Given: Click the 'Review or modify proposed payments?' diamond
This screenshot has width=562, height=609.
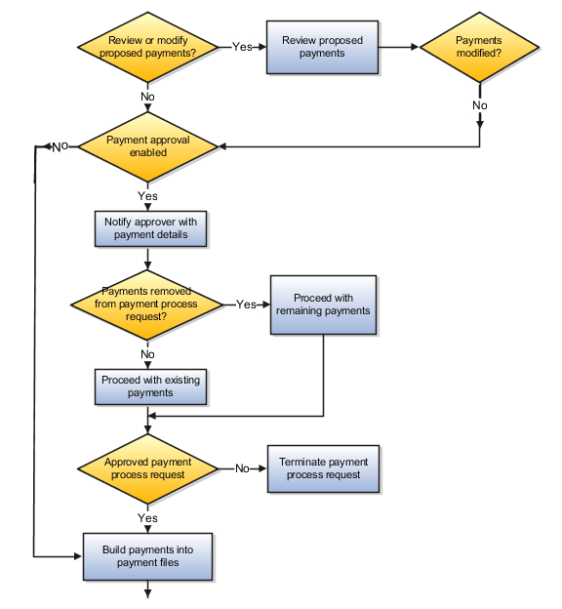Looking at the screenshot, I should [x=147, y=46].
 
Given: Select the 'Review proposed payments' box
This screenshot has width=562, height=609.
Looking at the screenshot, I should [x=322, y=47].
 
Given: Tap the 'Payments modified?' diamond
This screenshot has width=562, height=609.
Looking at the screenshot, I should [x=479, y=47].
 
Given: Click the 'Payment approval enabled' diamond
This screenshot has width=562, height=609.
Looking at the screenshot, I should [x=147, y=146].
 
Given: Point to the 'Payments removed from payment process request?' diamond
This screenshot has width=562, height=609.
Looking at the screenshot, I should [x=147, y=304].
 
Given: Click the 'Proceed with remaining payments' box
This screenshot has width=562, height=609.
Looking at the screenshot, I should [x=323, y=304].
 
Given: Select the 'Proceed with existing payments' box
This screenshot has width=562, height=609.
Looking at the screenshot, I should [x=150, y=386].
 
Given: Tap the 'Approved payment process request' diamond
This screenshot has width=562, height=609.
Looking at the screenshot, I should [x=147, y=468].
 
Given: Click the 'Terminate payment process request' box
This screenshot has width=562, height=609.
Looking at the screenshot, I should [x=323, y=468].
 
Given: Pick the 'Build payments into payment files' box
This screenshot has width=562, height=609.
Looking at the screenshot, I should [x=147, y=556].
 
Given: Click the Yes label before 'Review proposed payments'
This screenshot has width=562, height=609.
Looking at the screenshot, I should [x=242, y=47].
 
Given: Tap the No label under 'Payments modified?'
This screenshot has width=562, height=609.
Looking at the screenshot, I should [x=479, y=104].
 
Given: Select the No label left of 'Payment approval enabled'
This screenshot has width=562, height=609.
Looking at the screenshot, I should [x=60, y=146].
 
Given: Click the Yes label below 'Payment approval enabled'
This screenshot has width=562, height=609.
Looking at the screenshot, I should [x=147, y=196].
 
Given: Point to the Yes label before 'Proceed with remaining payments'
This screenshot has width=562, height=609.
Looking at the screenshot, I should [x=246, y=304].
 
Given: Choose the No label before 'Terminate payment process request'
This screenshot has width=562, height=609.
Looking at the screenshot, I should [x=242, y=468].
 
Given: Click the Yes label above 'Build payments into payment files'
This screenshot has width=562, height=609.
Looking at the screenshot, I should [x=147, y=518].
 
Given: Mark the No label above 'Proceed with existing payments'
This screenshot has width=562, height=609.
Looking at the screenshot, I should [x=147, y=354].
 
